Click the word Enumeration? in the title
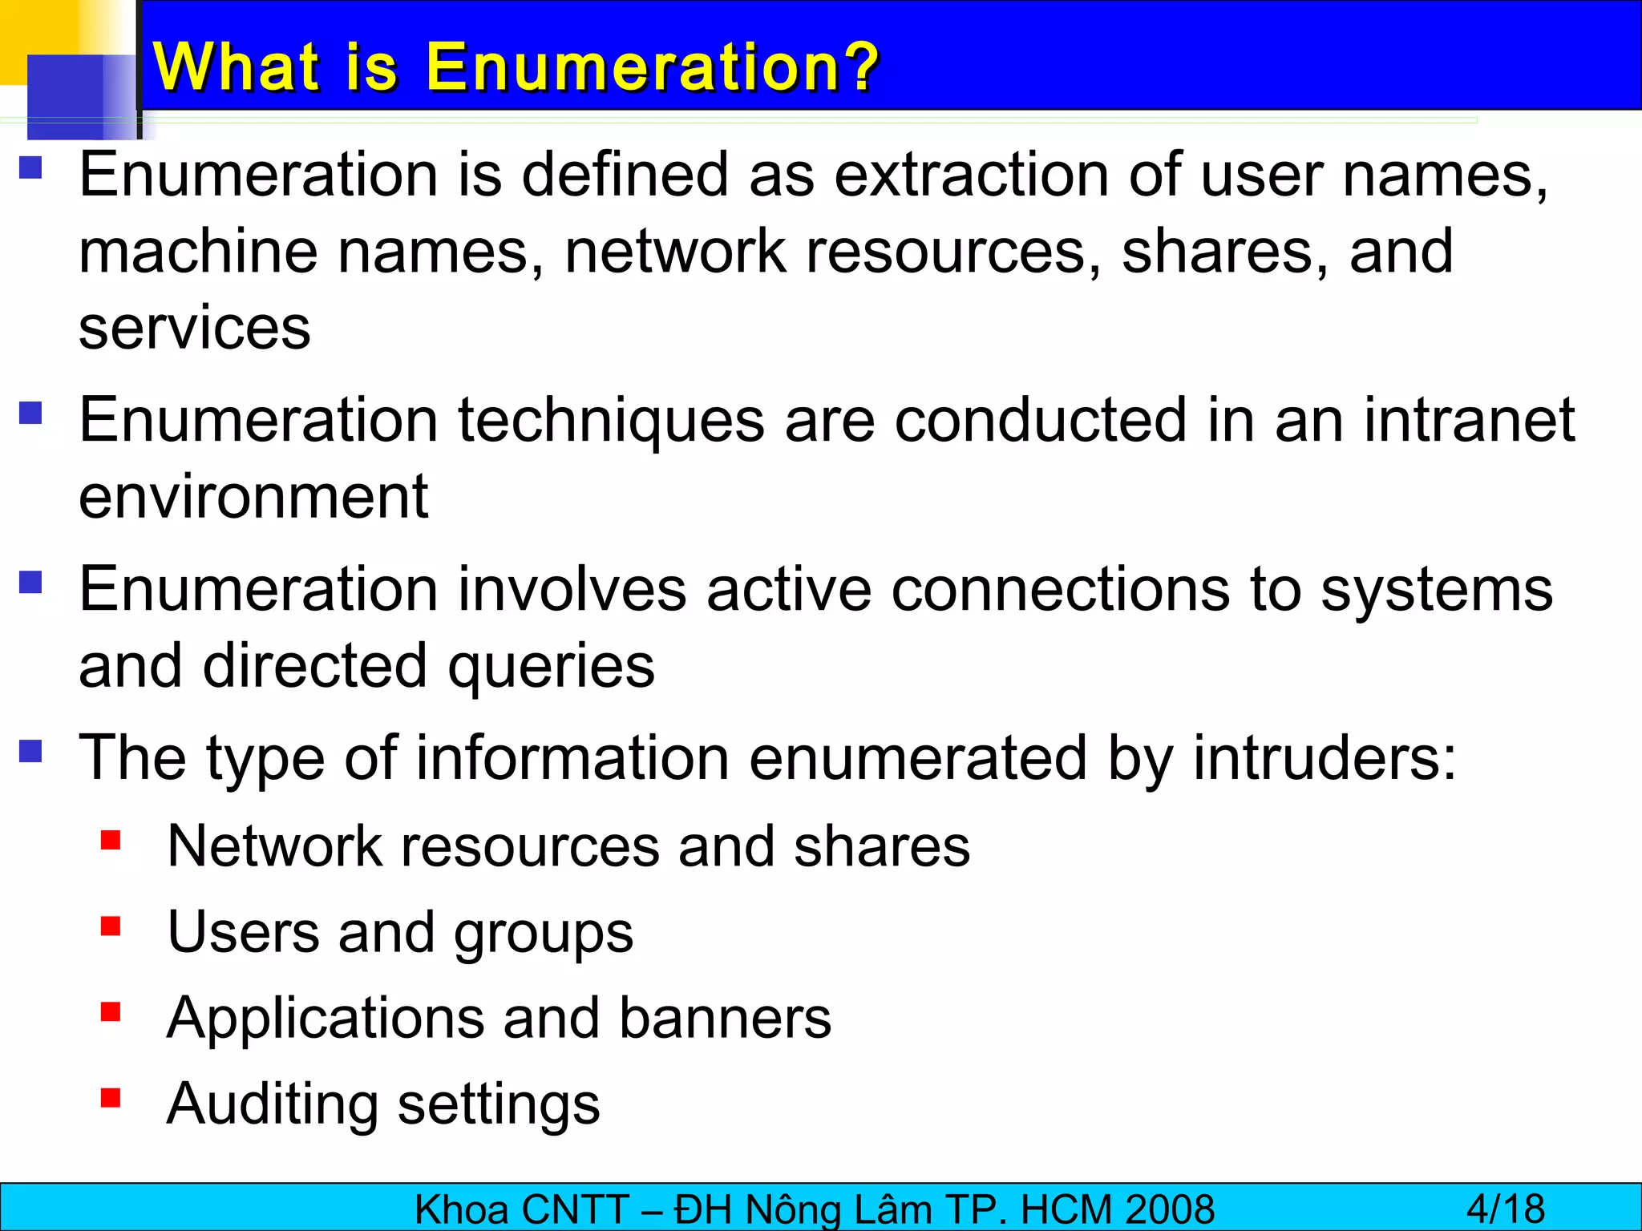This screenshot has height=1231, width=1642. coord(652,67)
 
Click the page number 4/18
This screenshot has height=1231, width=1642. coord(1506,1209)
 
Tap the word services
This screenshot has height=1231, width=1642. coord(195,329)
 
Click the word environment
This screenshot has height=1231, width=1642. coord(253,497)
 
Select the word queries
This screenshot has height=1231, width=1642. coord(551,667)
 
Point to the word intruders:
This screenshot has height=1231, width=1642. coord(1325,758)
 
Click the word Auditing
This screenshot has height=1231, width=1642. coord(273,1104)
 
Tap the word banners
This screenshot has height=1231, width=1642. coord(726,1018)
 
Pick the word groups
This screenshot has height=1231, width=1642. coord(544,933)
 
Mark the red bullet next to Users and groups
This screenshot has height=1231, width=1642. coord(111,926)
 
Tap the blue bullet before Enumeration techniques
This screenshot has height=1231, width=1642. coord(30,413)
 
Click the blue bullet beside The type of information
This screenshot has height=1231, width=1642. coord(30,751)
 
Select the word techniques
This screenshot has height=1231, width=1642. coord(611,420)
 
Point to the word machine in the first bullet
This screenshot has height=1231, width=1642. coord(198,252)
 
